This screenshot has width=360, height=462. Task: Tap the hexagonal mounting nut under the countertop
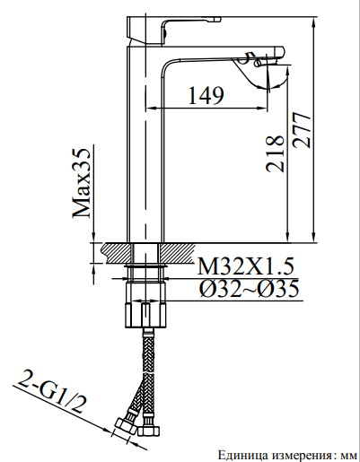tap(146, 315)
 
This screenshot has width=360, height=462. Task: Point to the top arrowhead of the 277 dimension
tap(312, 19)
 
